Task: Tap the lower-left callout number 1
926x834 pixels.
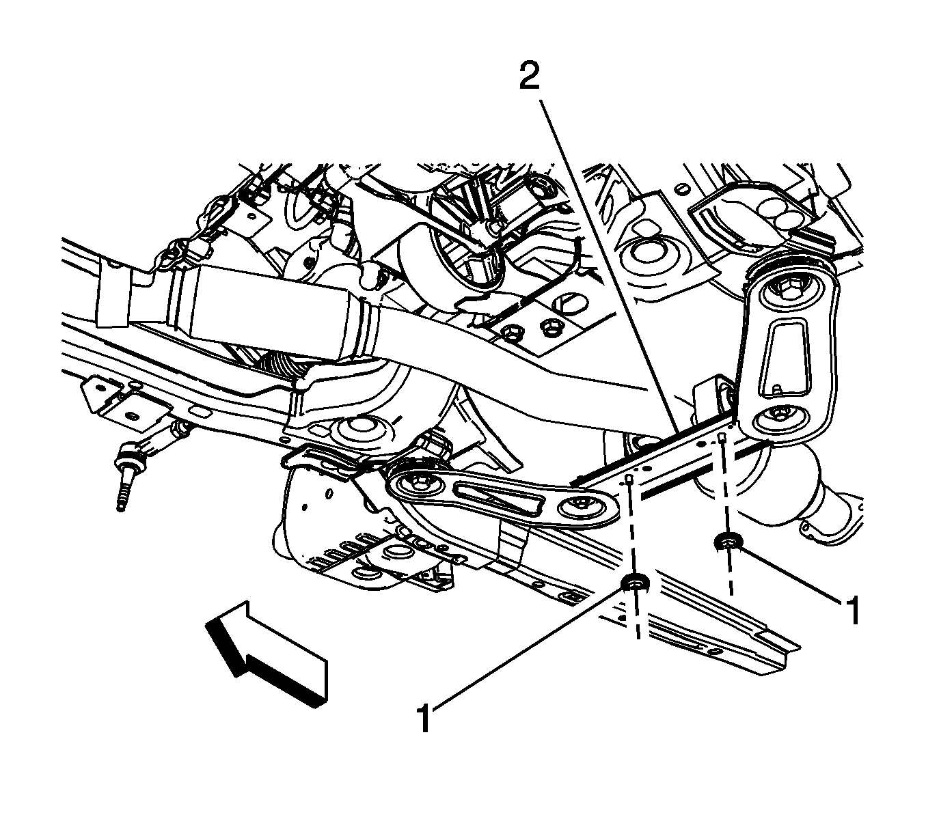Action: (x=424, y=719)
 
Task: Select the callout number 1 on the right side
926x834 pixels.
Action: (x=852, y=610)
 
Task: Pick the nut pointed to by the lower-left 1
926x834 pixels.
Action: (x=636, y=583)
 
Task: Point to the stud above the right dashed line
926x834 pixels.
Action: (x=722, y=438)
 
